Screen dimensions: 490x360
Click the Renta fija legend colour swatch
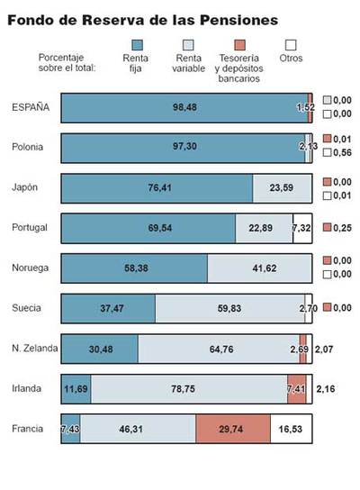click(x=136, y=44)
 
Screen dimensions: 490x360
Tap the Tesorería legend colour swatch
click(x=239, y=44)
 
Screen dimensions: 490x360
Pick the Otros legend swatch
click(x=291, y=44)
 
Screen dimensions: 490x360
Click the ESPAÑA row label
click(x=30, y=107)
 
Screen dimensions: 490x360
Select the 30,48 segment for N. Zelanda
click(x=99, y=348)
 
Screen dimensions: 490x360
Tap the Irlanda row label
click(x=27, y=388)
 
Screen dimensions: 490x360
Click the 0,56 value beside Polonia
click(x=342, y=153)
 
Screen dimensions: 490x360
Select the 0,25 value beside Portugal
click(x=342, y=228)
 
